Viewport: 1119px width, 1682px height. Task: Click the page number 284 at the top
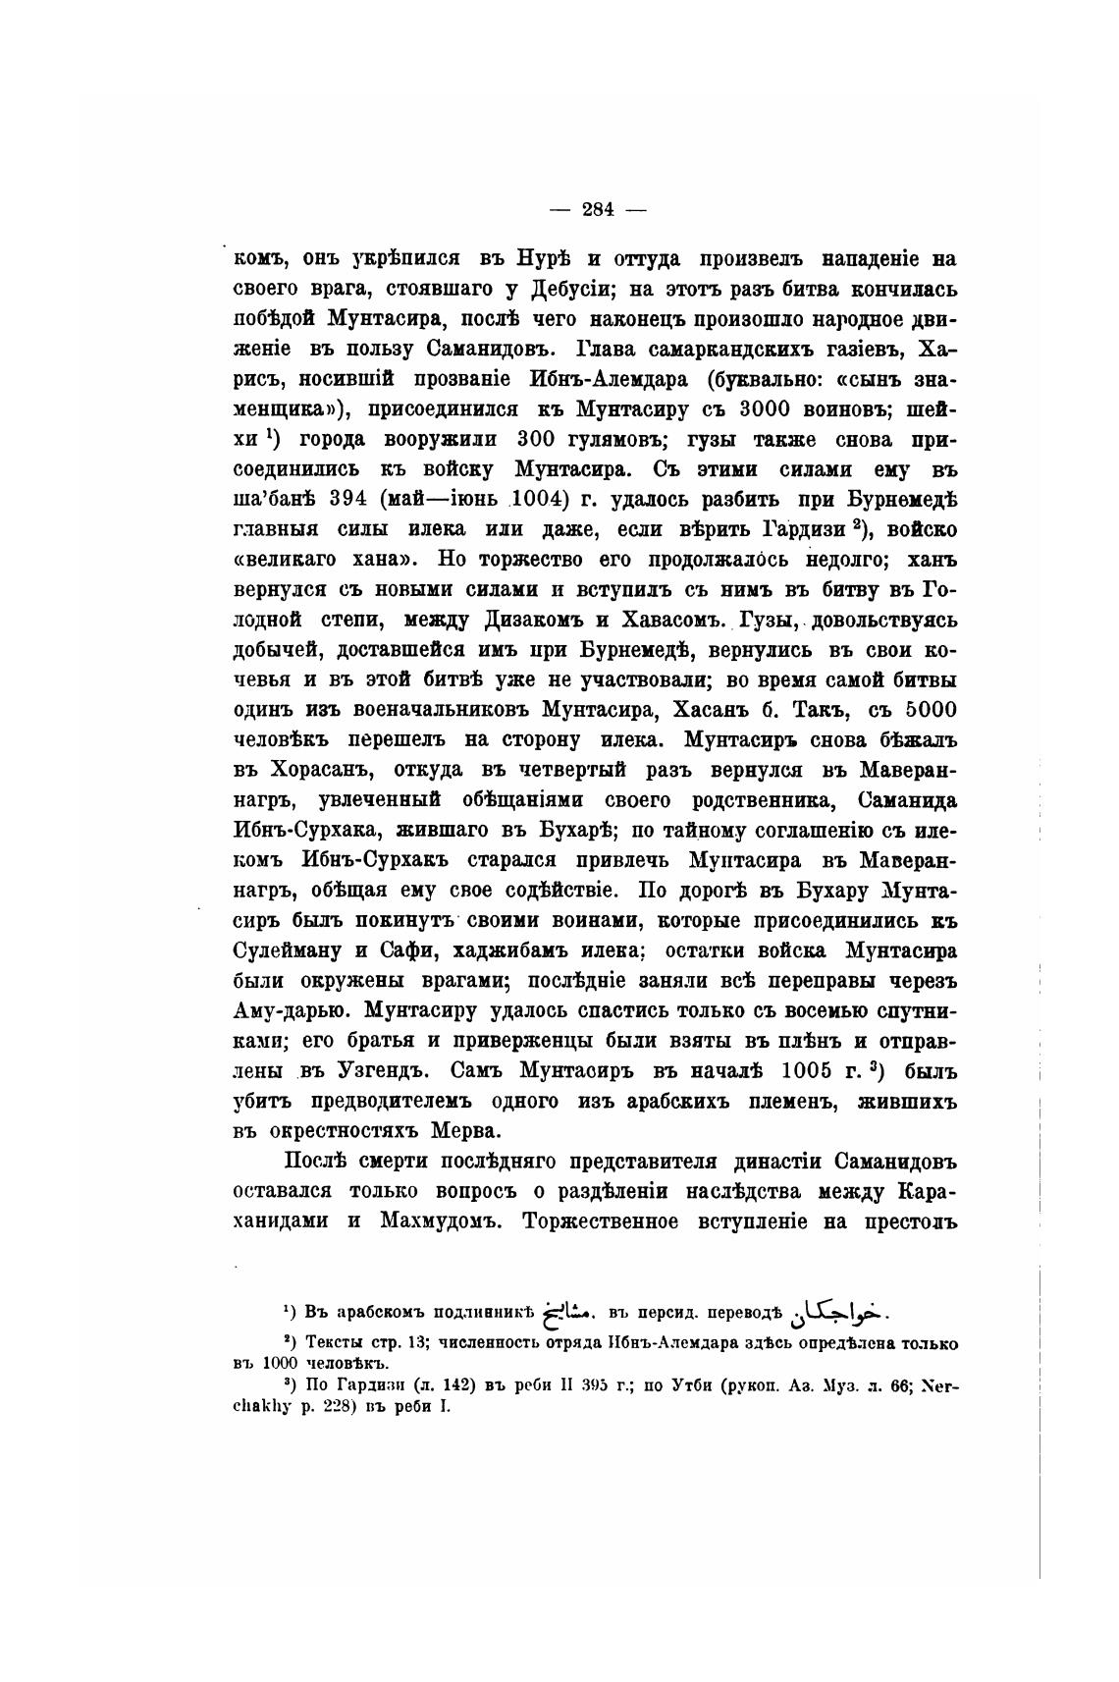tap(598, 209)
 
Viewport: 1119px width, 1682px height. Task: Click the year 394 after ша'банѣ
tap(348, 498)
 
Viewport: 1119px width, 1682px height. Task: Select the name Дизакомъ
tap(534, 621)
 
